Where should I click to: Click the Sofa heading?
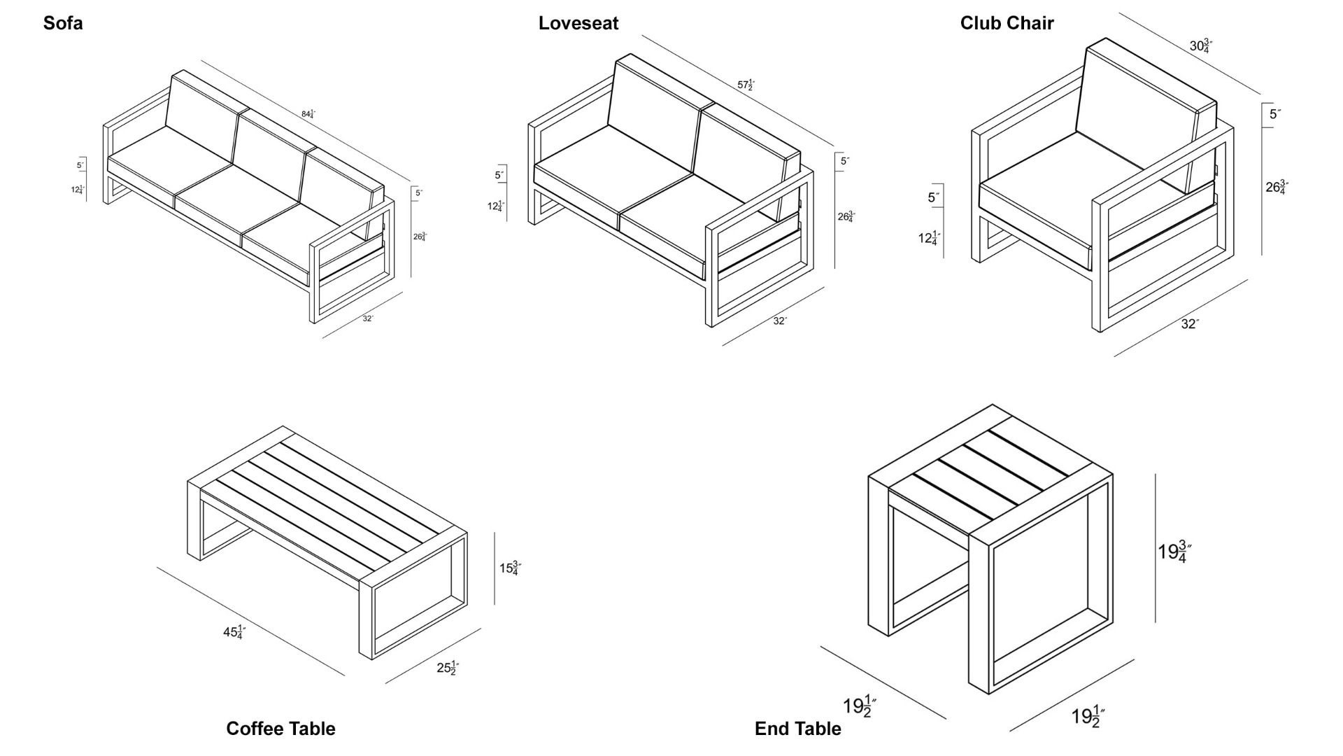(x=63, y=23)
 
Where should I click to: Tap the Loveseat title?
(x=578, y=23)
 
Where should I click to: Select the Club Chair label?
(x=1007, y=23)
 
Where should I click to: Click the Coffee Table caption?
(x=280, y=729)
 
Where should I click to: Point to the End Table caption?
(x=797, y=729)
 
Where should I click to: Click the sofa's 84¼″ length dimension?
(x=308, y=114)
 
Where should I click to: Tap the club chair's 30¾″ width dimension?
(x=1201, y=46)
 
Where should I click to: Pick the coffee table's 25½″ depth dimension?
(x=448, y=668)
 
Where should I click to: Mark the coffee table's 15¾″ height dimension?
(x=510, y=568)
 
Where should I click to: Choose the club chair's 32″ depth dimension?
(x=1190, y=324)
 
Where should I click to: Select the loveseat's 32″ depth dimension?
(x=780, y=321)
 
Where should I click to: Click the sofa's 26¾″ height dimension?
(x=420, y=237)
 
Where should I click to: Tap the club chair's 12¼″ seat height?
(x=929, y=239)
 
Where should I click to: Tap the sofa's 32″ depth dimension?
(x=368, y=319)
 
